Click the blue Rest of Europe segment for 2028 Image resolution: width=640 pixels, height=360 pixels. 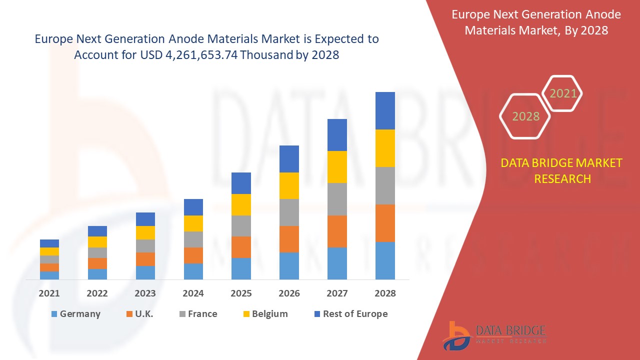coord(385,110)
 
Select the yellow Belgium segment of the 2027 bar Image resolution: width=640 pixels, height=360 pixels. coord(337,167)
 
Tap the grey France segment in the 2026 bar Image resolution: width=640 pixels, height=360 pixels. coord(289,212)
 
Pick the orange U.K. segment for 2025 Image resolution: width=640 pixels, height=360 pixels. coord(241,247)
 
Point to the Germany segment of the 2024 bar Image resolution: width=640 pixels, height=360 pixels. coord(193,271)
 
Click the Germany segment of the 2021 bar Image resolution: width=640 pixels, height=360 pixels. coord(49,275)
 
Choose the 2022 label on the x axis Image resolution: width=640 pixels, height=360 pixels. coord(97,293)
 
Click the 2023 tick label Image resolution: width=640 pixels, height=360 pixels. coord(145,293)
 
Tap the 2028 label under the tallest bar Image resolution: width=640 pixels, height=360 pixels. coord(385,293)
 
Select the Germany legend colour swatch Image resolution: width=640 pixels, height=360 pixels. coord(53,314)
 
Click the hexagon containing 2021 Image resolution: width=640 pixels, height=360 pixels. coord(562,93)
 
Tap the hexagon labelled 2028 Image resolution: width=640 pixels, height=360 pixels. coord(525,116)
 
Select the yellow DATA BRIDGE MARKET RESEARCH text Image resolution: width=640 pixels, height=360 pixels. coord(562,170)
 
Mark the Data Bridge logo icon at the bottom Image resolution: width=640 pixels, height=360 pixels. coord(456,335)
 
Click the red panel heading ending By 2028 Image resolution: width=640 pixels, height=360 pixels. coord(536,22)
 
